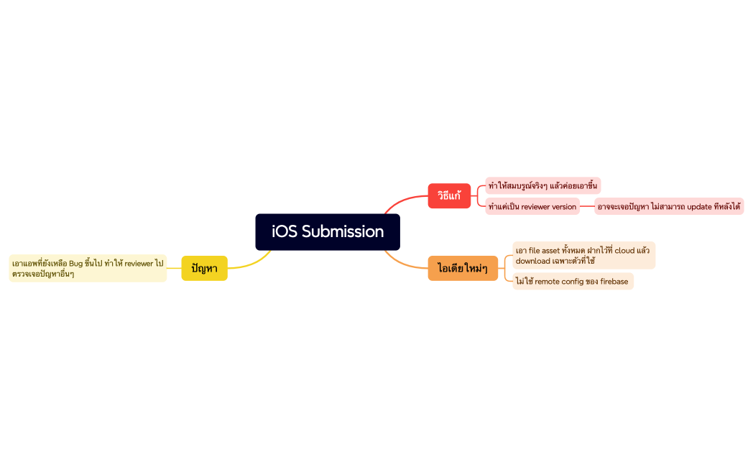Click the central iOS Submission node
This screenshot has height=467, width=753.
[328, 232]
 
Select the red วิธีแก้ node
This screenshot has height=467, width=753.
[449, 195]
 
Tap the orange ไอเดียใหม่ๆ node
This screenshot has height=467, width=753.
[463, 269]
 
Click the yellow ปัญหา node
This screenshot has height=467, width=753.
[204, 269]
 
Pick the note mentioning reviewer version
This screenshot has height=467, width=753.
[532, 207]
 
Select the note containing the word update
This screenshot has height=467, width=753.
[669, 207]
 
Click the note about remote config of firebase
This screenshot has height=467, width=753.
[572, 282]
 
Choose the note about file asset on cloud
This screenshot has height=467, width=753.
[583, 256]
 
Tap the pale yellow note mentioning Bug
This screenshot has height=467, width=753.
[88, 269]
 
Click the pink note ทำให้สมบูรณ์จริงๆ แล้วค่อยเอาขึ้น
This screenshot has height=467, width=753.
[542, 186]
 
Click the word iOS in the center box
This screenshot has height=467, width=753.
[284, 232]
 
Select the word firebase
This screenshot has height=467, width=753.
[614, 282]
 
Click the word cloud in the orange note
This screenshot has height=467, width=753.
[624, 251]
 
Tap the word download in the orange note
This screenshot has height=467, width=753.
[532, 261]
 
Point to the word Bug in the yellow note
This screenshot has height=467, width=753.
[76, 264]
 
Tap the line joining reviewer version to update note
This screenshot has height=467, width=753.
[587, 207]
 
